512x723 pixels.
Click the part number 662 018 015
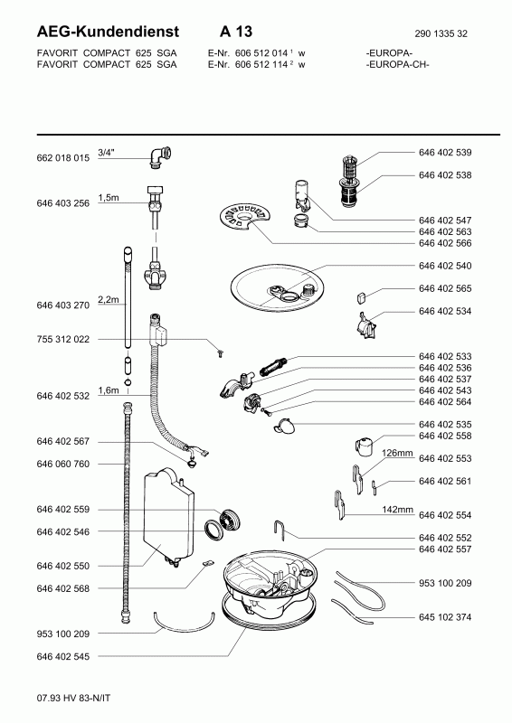coord(62,158)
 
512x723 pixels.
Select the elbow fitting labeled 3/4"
coord(160,156)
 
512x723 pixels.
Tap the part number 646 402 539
coord(445,153)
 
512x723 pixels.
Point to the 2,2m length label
coord(109,300)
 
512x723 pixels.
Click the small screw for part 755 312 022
coord(221,354)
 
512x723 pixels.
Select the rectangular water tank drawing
coord(168,516)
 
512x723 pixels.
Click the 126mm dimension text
coord(397,454)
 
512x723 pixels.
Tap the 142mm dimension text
coord(397,510)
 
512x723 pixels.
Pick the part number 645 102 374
coord(445,617)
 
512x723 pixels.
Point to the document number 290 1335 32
coord(441,33)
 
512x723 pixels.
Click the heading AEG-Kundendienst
coord(108,32)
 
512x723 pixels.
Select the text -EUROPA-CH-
coord(397,64)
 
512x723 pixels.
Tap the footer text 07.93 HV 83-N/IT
coord(73,698)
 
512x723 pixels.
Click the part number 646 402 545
coord(62,657)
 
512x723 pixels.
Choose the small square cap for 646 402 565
coord(362,297)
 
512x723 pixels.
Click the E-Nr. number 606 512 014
coord(261,53)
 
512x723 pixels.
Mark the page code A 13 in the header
coord(236,32)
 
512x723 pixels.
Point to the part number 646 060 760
coord(62,465)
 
